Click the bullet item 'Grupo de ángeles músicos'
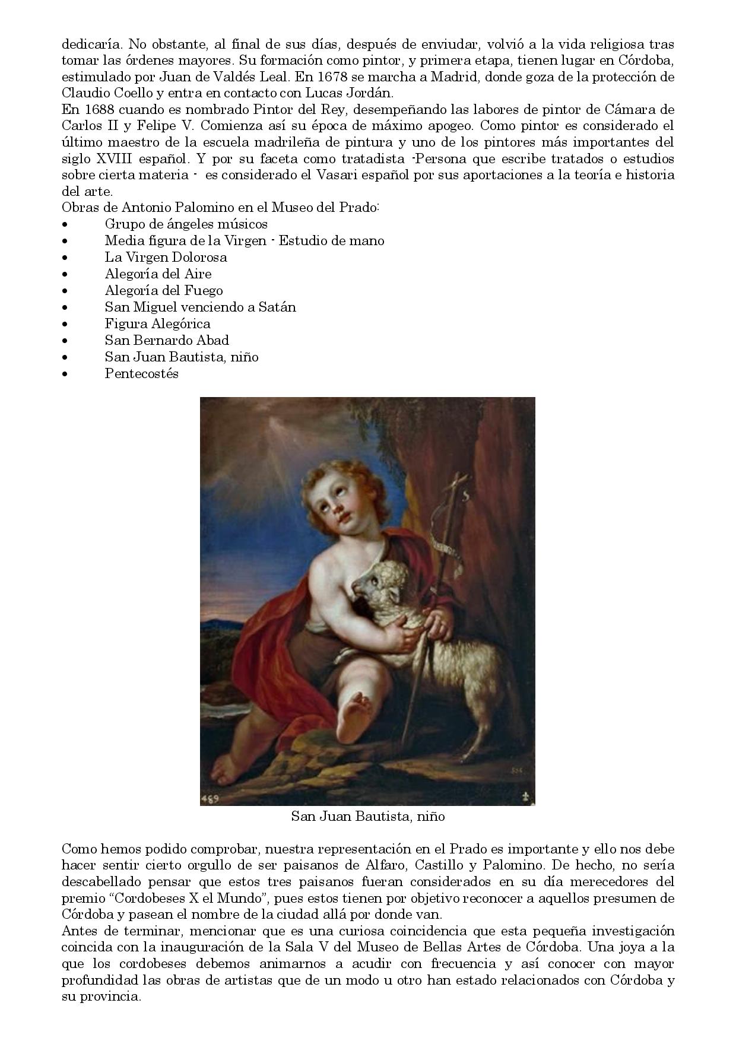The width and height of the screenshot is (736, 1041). pos(186,224)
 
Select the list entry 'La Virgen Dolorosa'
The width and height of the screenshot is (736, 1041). pos(166,258)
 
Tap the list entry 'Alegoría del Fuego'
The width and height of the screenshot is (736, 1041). pos(164,291)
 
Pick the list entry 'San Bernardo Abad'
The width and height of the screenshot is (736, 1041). pos(167,341)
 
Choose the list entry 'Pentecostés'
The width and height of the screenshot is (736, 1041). pos(141,374)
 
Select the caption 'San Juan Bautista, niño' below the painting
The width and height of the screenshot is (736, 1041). pos(367,817)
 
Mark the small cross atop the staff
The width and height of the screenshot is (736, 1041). pos(459,481)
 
